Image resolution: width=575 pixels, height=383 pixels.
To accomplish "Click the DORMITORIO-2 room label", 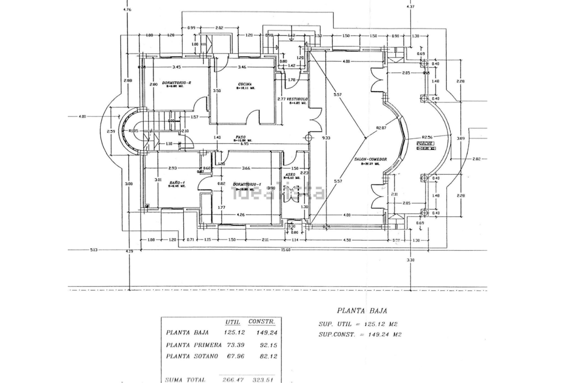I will click(x=176, y=83).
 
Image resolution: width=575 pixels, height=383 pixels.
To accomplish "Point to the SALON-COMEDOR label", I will click(x=370, y=159).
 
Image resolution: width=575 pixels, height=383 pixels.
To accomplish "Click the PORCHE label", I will click(x=425, y=144).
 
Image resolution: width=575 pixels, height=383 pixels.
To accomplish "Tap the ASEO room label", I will click(x=290, y=174).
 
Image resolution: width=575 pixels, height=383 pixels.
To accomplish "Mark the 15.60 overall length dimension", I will click(x=286, y=250).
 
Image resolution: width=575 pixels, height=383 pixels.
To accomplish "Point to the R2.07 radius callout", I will click(x=381, y=128).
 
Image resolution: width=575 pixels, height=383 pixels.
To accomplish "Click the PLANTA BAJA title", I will click(x=362, y=311).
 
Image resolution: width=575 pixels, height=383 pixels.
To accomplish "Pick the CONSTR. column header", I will click(x=261, y=322).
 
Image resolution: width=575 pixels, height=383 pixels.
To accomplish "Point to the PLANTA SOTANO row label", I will click(x=192, y=356).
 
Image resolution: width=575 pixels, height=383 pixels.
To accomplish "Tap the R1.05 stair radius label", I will click(x=134, y=131).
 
